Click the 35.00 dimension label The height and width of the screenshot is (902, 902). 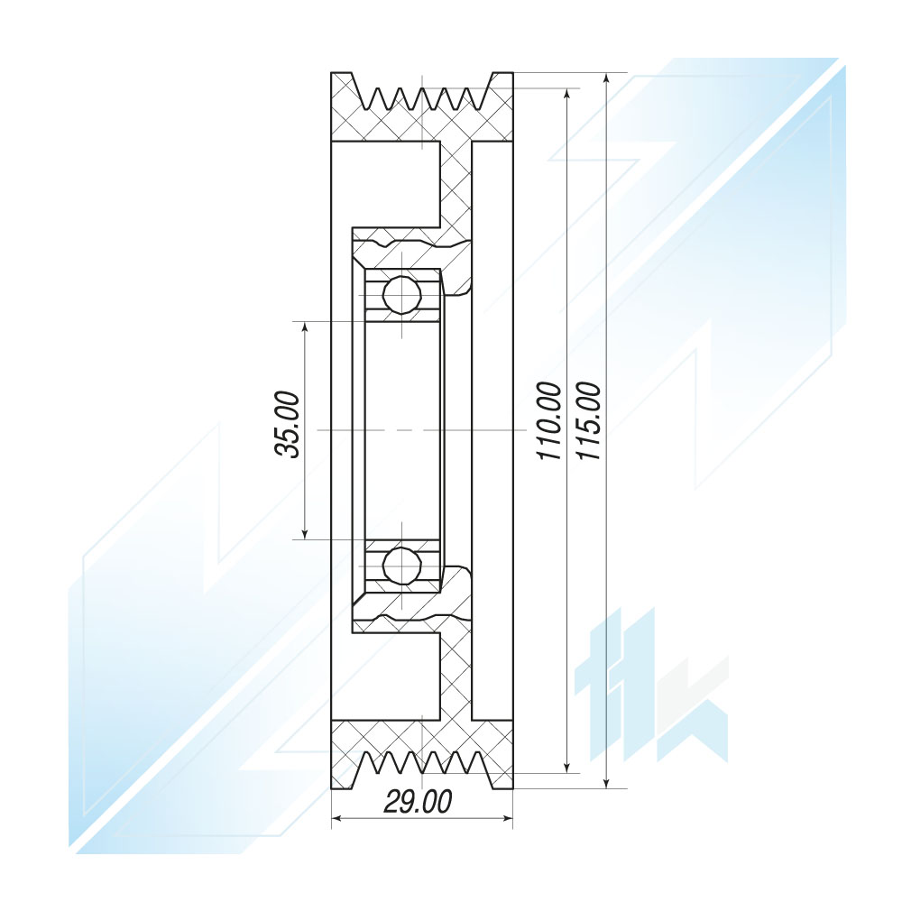coord(288,425)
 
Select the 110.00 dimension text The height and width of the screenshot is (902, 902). coord(548,420)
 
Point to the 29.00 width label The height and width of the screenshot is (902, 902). coord(419,802)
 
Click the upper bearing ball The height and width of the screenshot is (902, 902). coord(402,295)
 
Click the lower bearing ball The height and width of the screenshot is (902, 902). coord(402,566)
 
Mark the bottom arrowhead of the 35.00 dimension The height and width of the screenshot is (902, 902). coord(305,532)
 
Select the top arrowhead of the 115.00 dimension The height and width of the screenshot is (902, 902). coord(606,80)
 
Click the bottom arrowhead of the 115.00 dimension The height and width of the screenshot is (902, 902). coord(606,780)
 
